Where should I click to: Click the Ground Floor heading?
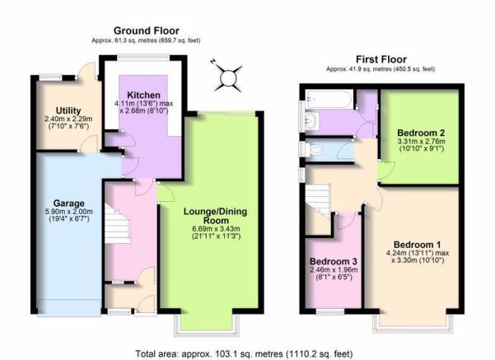click(x=147, y=30)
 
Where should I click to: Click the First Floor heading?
click(x=381, y=59)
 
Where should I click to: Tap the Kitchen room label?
click(x=143, y=95)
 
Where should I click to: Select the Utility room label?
click(x=68, y=110)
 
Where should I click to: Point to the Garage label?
click(x=69, y=203)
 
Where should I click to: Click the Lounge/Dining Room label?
click(x=216, y=216)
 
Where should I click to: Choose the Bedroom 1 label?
click(x=418, y=245)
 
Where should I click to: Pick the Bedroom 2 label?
click(x=421, y=133)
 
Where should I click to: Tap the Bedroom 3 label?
click(x=334, y=261)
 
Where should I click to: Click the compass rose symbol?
click(x=228, y=77)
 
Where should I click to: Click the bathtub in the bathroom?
click(x=329, y=99)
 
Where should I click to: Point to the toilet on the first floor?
click(x=313, y=149)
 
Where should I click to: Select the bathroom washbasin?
click(x=312, y=120)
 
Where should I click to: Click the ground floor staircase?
click(x=118, y=223)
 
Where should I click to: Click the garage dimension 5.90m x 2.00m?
click(x=69, y=212)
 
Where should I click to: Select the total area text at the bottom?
click(x=244, y=353)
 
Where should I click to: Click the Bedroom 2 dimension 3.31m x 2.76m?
click(x=421, y=141)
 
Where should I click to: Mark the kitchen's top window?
click(x=143, y=57)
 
